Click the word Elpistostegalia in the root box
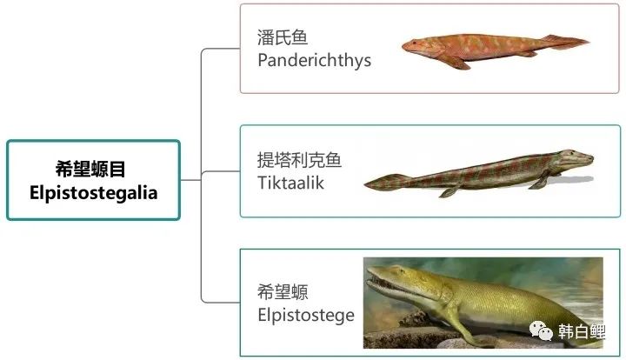(x=93, y=193)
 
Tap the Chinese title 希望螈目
(x=90, y=169)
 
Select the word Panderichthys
(x=314, y=60)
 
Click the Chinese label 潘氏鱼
(x=283, y=37)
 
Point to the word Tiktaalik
(x=290, y=183)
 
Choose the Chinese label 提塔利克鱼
(x=299, y=160)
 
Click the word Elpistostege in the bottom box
(x=306, y=315)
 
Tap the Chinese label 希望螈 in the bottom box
(x=283, y=292)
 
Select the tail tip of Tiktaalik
(x=365, y=185)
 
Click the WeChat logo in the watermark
(x=541, y=330)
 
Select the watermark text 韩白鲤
(x=582, y=331)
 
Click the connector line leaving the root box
(x=190, y=180)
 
